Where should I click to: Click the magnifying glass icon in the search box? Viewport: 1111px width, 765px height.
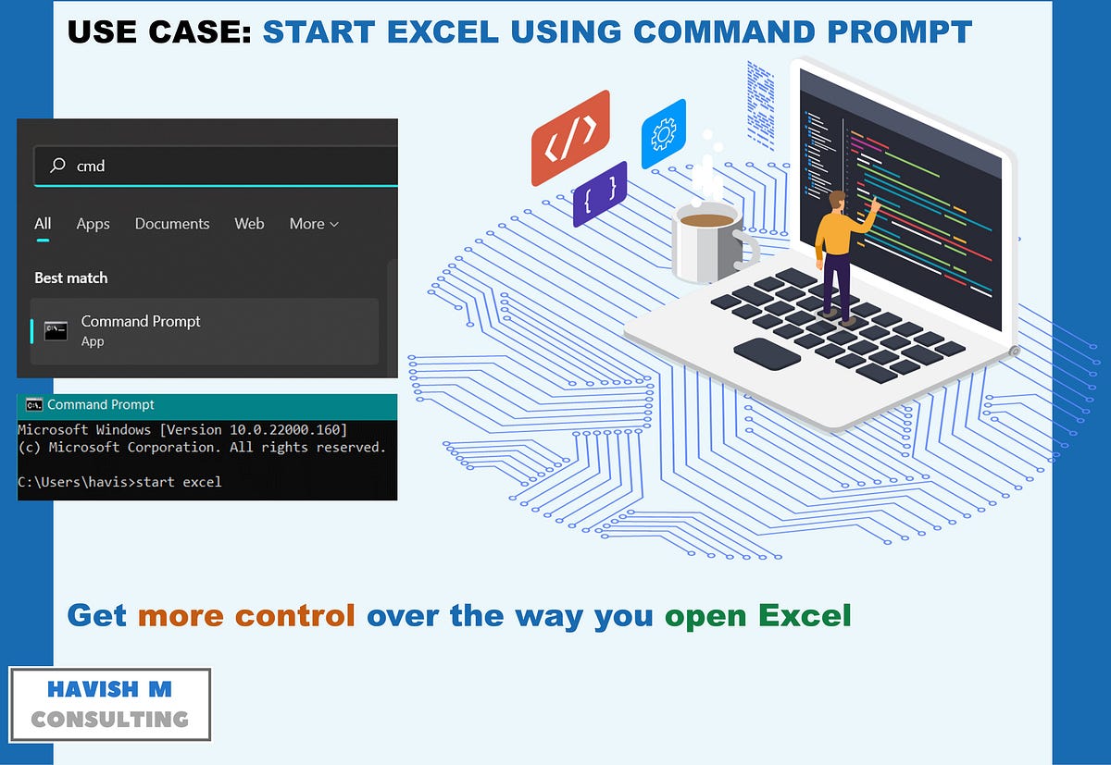coord(57,165)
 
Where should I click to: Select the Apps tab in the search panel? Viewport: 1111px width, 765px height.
coord(93,224)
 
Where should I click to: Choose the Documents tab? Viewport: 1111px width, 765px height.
coord(172,224)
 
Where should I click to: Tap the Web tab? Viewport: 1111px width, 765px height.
coord(249,224)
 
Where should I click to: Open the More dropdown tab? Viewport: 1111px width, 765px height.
coord(314,224)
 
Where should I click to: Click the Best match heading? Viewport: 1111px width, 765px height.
coord(71,278)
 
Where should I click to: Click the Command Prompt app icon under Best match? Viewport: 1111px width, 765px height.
coord(56,331)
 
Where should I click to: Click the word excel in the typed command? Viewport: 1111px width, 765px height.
coord(202,482)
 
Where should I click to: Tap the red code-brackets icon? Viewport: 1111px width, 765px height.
coord(570,138)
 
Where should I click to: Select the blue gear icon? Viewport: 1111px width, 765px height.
coord(664,134)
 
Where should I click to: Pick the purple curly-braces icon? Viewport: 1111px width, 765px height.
coord(600,194)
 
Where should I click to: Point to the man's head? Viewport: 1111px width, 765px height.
coord(837,201)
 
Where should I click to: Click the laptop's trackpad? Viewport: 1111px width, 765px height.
coord(767,353)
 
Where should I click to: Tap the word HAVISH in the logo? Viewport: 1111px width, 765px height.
coord(93,689)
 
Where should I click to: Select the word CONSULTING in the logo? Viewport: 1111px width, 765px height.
coord(109,720)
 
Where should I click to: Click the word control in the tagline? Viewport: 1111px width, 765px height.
coord(294,616)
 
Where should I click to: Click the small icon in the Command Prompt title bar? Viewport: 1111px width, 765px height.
coord(34,405)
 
